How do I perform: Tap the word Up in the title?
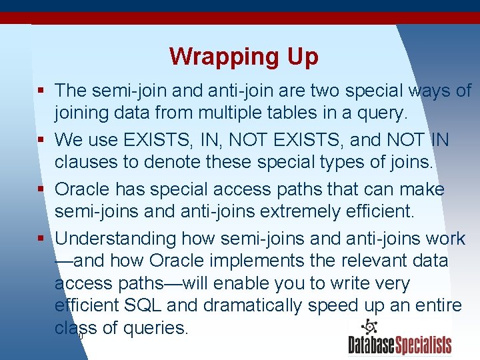coord(303,57)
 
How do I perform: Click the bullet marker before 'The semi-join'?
coord(41,91)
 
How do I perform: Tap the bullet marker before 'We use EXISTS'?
coord(41,140)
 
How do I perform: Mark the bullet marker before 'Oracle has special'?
coord(41,189)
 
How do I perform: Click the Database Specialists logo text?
coord(399,345)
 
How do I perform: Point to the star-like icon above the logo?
coord(369,327)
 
